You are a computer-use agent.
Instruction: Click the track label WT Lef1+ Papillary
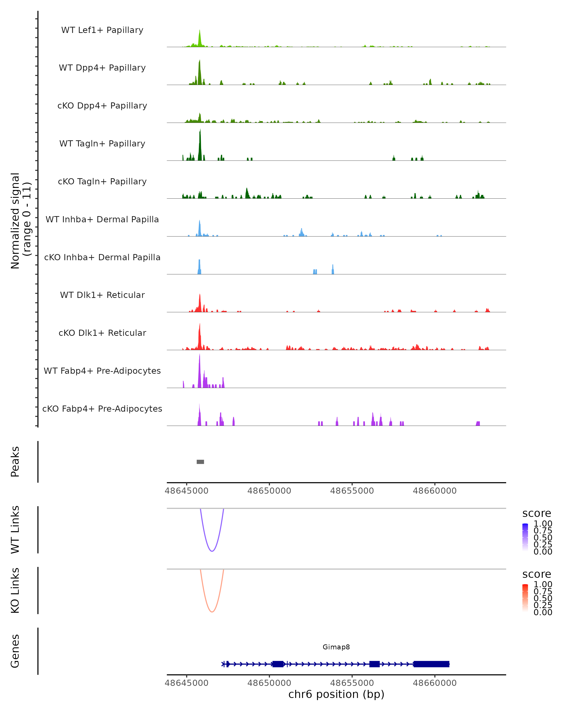click(x=102, y=30)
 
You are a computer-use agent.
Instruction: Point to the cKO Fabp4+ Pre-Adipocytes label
click(x=102, y=409)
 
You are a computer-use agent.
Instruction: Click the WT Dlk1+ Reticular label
click(x=102, y=295)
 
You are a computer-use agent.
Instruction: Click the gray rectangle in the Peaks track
click(x=200, y=462)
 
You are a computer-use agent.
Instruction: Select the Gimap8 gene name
click(x=336, y=647)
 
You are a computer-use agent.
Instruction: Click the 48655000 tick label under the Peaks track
click(x=352, y=491)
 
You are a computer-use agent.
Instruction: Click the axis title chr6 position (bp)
click(x=336, y=694)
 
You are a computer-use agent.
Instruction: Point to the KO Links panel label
click(x=15, y=590)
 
